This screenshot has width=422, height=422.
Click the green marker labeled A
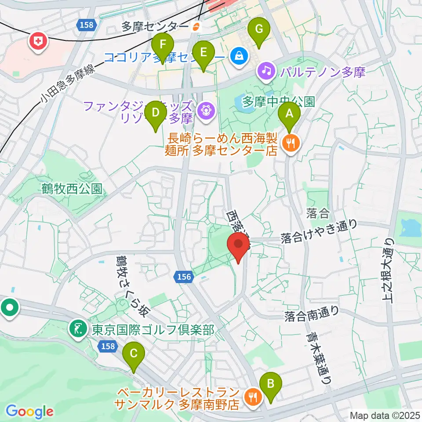coord(289,114)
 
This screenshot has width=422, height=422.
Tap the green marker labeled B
coord(269,385)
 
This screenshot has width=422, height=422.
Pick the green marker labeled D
coord(155,113)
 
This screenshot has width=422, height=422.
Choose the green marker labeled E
coord(203,53)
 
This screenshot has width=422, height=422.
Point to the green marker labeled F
coord(163,46)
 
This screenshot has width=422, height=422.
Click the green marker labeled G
coord(259,30)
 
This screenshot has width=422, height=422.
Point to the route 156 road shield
coord(185,276)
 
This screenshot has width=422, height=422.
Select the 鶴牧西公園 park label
coord(73,189)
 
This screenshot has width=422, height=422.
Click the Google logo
coord(29,411)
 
